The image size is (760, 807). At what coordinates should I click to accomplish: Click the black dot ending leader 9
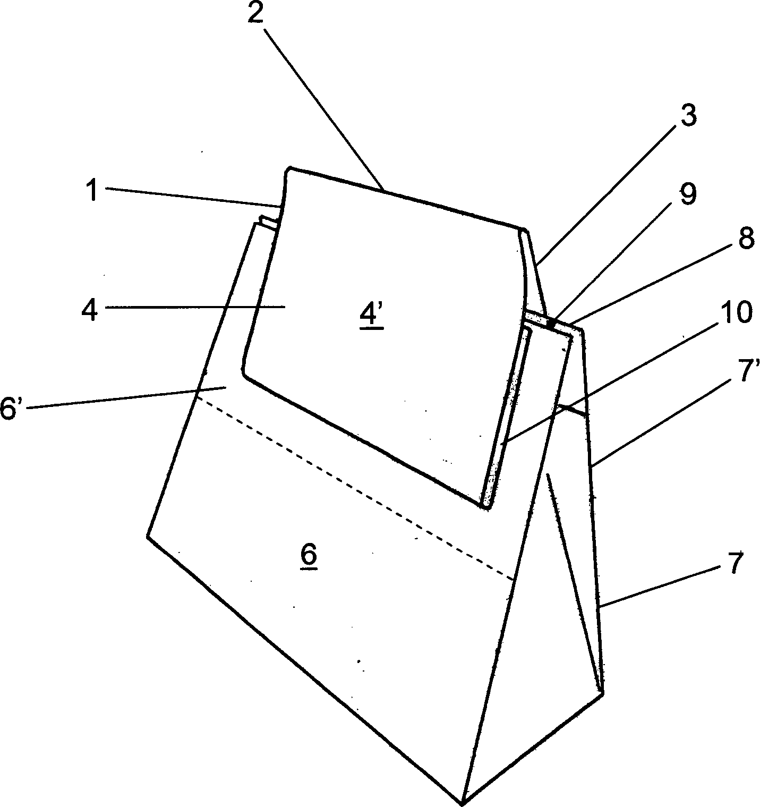(553, 322)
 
